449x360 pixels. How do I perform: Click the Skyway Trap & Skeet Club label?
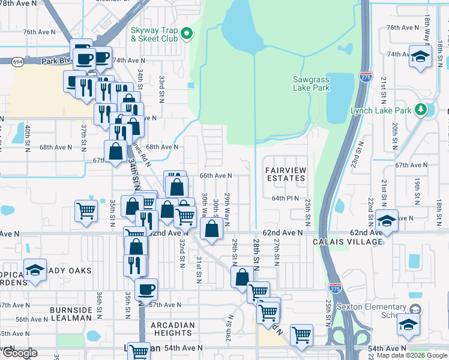click(154, 34)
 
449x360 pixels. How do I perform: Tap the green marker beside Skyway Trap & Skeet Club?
click(186, 34)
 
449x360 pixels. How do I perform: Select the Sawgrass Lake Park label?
click(311, 83)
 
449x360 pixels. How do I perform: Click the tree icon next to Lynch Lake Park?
click(421, 110)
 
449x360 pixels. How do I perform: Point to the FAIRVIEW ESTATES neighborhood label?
click(286, 175)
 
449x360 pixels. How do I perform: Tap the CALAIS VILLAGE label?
click(347, 242)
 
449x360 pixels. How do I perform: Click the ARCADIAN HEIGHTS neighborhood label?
click(173, 329)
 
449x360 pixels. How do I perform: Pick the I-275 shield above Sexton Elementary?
click(335, 288)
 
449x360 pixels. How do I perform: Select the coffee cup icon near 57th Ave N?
click(146, 289)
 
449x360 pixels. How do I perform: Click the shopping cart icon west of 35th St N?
click(86, 211)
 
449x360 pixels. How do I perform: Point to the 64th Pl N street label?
click(285, 198)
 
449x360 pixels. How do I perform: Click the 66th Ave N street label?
click(215, 176)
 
